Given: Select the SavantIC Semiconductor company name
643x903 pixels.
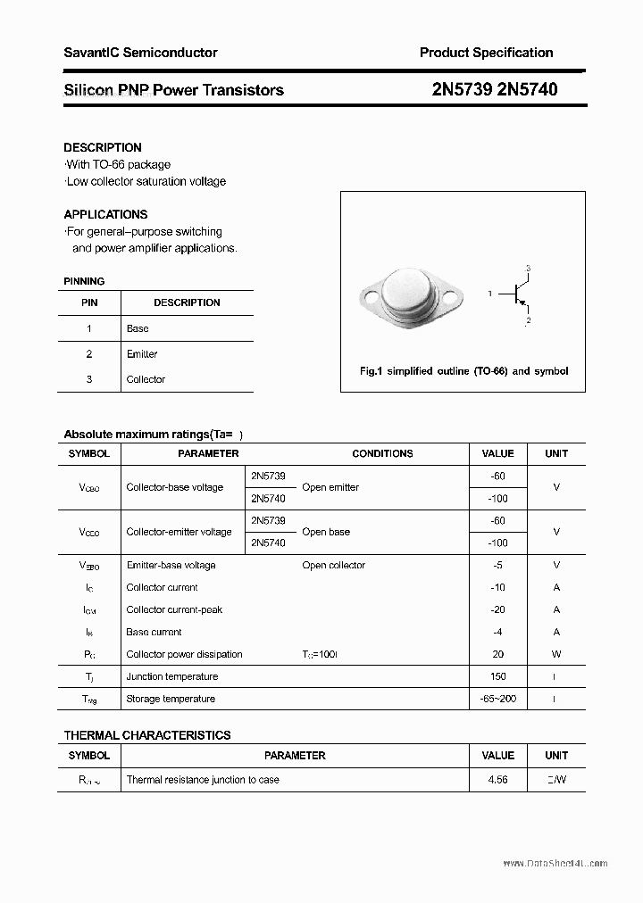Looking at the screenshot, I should (x=140, y=53).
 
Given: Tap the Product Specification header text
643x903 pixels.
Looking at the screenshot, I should (x=486, y=53).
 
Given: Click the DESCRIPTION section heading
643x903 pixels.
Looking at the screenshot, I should (x=103, y=147).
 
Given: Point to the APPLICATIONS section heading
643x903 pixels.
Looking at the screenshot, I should (x=105, y=214).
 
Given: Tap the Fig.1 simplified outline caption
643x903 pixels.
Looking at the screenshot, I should (x=463, y=371).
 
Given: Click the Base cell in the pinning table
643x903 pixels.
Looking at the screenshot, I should (x=138, y=328).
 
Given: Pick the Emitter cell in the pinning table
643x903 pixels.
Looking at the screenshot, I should (x=142, y=354).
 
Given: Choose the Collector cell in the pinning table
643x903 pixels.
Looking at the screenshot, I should (x=146, y=379).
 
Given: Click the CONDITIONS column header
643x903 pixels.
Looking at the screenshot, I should (x=382, y=453).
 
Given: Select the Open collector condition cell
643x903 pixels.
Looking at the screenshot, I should (x=333, y=565).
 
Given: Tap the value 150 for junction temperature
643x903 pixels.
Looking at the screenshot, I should (x=497, y=676).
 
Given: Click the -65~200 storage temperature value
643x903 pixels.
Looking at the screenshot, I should (x=497, y=699).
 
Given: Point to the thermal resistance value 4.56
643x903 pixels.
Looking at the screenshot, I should (x=497, y=779).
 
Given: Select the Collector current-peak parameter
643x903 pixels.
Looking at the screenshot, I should (x=174, y=609).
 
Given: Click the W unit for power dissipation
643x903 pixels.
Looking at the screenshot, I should (x=556, y=654).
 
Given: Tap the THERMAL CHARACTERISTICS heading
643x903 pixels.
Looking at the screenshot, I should (x=147, y=735).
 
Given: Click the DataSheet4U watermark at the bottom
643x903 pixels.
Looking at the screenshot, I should (x=555, y=864).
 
